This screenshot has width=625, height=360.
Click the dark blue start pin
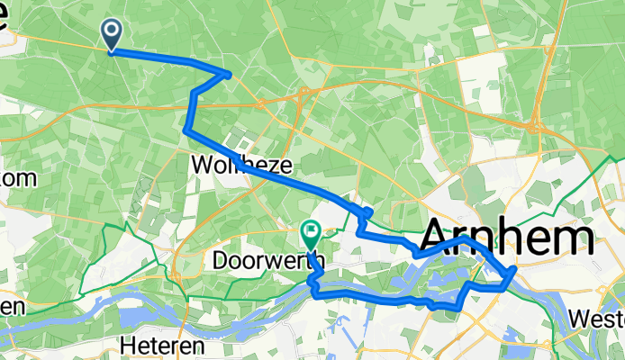(113, 34)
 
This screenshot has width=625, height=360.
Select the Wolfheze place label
(229, 166)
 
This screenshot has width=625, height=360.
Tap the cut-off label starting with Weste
(598, 319)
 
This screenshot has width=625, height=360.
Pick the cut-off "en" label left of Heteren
(12, 307)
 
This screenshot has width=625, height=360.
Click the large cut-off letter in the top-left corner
(5, 22)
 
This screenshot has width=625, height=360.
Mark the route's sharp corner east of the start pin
(230, 74)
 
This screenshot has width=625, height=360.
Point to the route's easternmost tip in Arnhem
(514, 269)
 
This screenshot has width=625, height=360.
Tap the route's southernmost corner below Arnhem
(460, 308)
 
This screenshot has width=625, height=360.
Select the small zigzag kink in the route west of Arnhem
(365, 213)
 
